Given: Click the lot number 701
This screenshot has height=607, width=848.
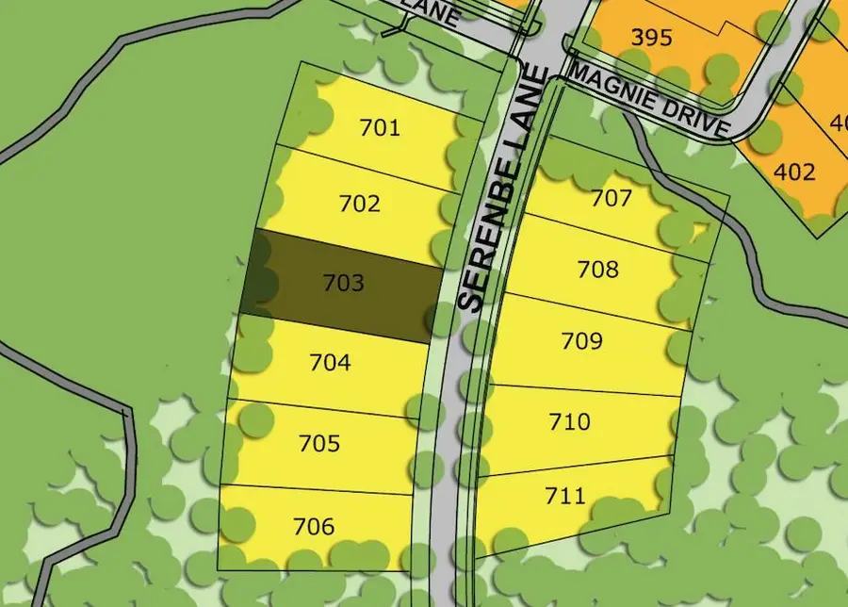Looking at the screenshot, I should (380, 127).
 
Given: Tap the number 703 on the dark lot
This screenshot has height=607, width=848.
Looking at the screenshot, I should (343, 283).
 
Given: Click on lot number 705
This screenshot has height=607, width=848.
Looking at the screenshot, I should (318, 443).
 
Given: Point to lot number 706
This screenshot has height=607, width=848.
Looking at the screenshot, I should (314, 526).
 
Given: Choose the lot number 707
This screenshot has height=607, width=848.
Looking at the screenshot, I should (611, 199).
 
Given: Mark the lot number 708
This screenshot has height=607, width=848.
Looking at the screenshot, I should (598, 270).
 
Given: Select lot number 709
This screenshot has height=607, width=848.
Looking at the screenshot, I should (581, 340).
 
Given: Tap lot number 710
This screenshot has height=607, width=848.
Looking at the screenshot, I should (570, 420).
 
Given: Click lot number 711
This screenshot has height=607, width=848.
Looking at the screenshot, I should (565, 495).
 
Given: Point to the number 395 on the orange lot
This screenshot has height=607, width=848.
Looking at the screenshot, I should (652, 38).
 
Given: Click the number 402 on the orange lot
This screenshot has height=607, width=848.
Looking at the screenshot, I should (793, 172).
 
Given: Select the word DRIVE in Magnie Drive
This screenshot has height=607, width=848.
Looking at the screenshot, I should (698, 119).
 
